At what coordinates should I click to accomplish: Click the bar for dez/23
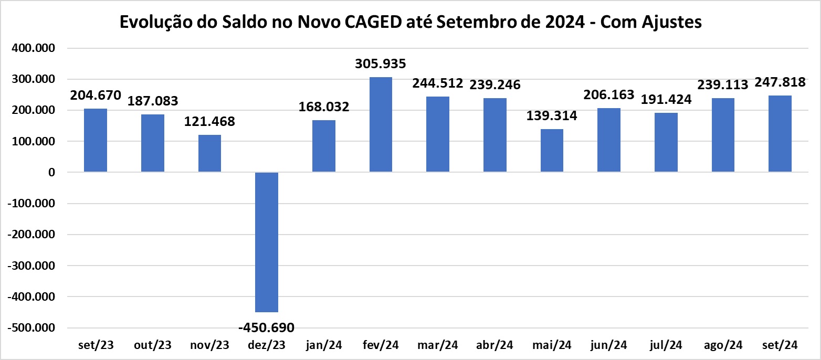coord(267,242)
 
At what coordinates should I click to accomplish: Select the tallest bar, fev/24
coord(381,124)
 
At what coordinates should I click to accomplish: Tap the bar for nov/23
coord(209,153)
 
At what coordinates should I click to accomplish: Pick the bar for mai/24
coord(552,151)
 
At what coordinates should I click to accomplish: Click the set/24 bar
coord(780,134)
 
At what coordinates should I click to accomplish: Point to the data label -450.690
coord(266,328)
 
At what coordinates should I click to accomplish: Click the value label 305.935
coord(381,65)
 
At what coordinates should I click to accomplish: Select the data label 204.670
coord(96,96)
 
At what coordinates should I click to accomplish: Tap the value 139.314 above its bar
coord(552,116)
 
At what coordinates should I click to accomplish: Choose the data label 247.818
coord(780,82)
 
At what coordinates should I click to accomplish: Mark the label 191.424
coord(666,99)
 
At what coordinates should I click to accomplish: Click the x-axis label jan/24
coord(324,345)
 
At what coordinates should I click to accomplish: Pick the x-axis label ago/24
coord(723,345)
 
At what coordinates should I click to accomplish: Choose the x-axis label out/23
coord(152,345)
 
